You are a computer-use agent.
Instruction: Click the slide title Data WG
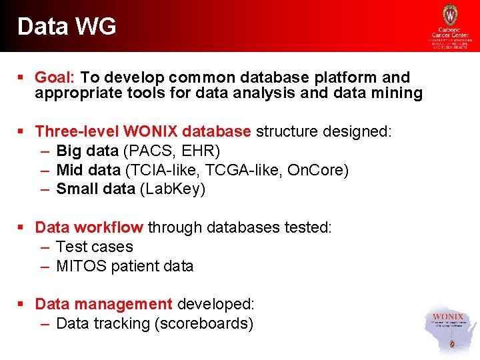(67, 27)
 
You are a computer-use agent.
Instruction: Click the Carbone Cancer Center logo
(450, 27)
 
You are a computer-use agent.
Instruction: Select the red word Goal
(55, 77)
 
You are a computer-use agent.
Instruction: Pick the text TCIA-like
(167, 170)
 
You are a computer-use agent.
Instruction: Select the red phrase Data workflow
(89, 227)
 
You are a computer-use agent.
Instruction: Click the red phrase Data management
(103, 305)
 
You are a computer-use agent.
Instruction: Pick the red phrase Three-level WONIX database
(143, 131)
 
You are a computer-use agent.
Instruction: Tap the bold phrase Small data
(95, 189)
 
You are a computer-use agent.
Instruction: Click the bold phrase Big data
(87, 151)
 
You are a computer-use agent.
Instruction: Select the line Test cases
(95, 247)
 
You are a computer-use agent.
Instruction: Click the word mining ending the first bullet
(398, 93)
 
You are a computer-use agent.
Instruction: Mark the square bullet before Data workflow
(21, 227)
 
